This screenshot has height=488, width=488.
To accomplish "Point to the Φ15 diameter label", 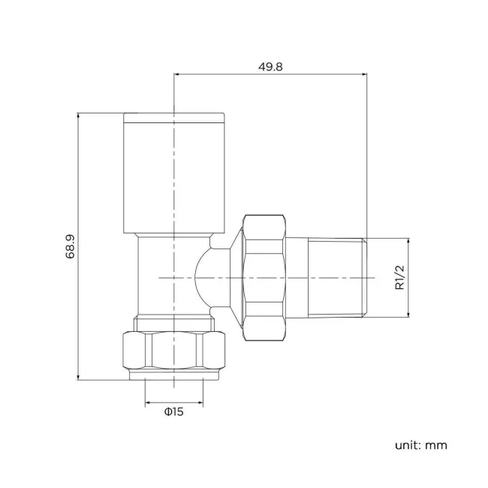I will click(x=173, y=411).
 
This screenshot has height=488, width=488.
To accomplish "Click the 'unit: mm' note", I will click(x=420, y=445).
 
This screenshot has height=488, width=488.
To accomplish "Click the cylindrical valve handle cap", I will click(x=173, y=176).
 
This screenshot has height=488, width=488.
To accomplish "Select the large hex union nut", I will click(x=264, y=277).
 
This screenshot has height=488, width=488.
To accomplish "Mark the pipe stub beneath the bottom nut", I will click(x=173, y=379).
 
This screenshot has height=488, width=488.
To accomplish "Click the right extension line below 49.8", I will click(x=366, y=150).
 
